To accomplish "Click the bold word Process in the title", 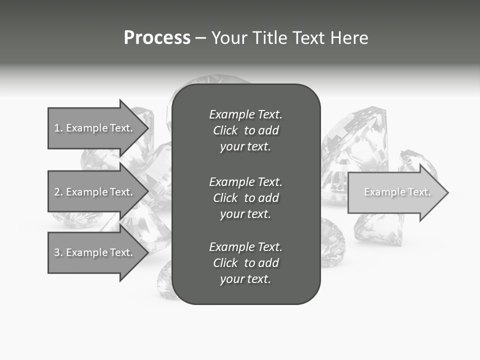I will pos(157,38).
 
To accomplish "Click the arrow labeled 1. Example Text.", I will pos(95,128).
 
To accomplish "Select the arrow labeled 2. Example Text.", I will pos(95,192).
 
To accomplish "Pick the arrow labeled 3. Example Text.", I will pos(95,252).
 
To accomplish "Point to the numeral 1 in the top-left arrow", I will pos(57,128).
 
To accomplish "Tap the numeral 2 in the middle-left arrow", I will pos(57,192).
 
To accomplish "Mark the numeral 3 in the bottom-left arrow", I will pos(57,252).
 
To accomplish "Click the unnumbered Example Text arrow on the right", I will pos(395,192).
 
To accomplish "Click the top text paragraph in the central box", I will pos(245,130).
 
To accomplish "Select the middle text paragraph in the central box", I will pos(245,198).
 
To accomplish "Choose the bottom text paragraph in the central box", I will pos(245,263).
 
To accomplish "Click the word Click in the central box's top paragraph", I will pos(225,130).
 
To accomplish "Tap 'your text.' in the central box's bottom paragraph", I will pos(245,279).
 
